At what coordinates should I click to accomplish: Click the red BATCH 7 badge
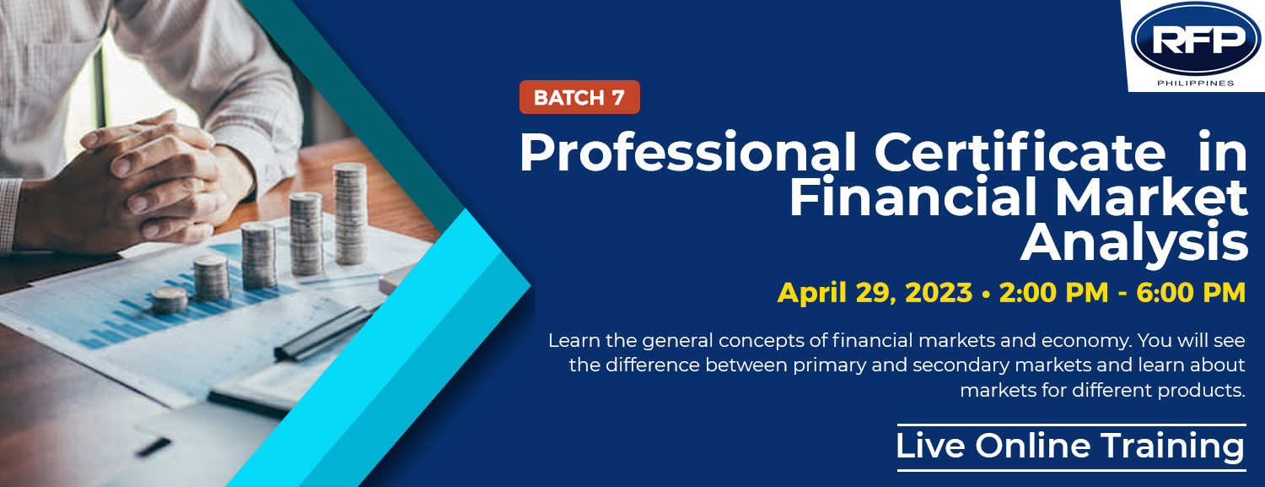point(579,97)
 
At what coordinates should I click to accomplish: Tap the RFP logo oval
point(1196,39)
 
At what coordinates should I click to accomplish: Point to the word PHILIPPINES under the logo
point(1196,83)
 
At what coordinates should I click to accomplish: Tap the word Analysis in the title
point(1134,243)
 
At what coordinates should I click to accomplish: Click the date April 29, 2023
point(875,293)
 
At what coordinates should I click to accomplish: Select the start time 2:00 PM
point(1053,293)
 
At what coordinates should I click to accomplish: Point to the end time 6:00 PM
point(1191,293)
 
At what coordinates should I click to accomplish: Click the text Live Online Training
point(1070,446)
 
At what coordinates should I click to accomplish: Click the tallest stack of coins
point(350,214)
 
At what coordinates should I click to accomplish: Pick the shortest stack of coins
point(169,300)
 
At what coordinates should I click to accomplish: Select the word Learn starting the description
point(574,341)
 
